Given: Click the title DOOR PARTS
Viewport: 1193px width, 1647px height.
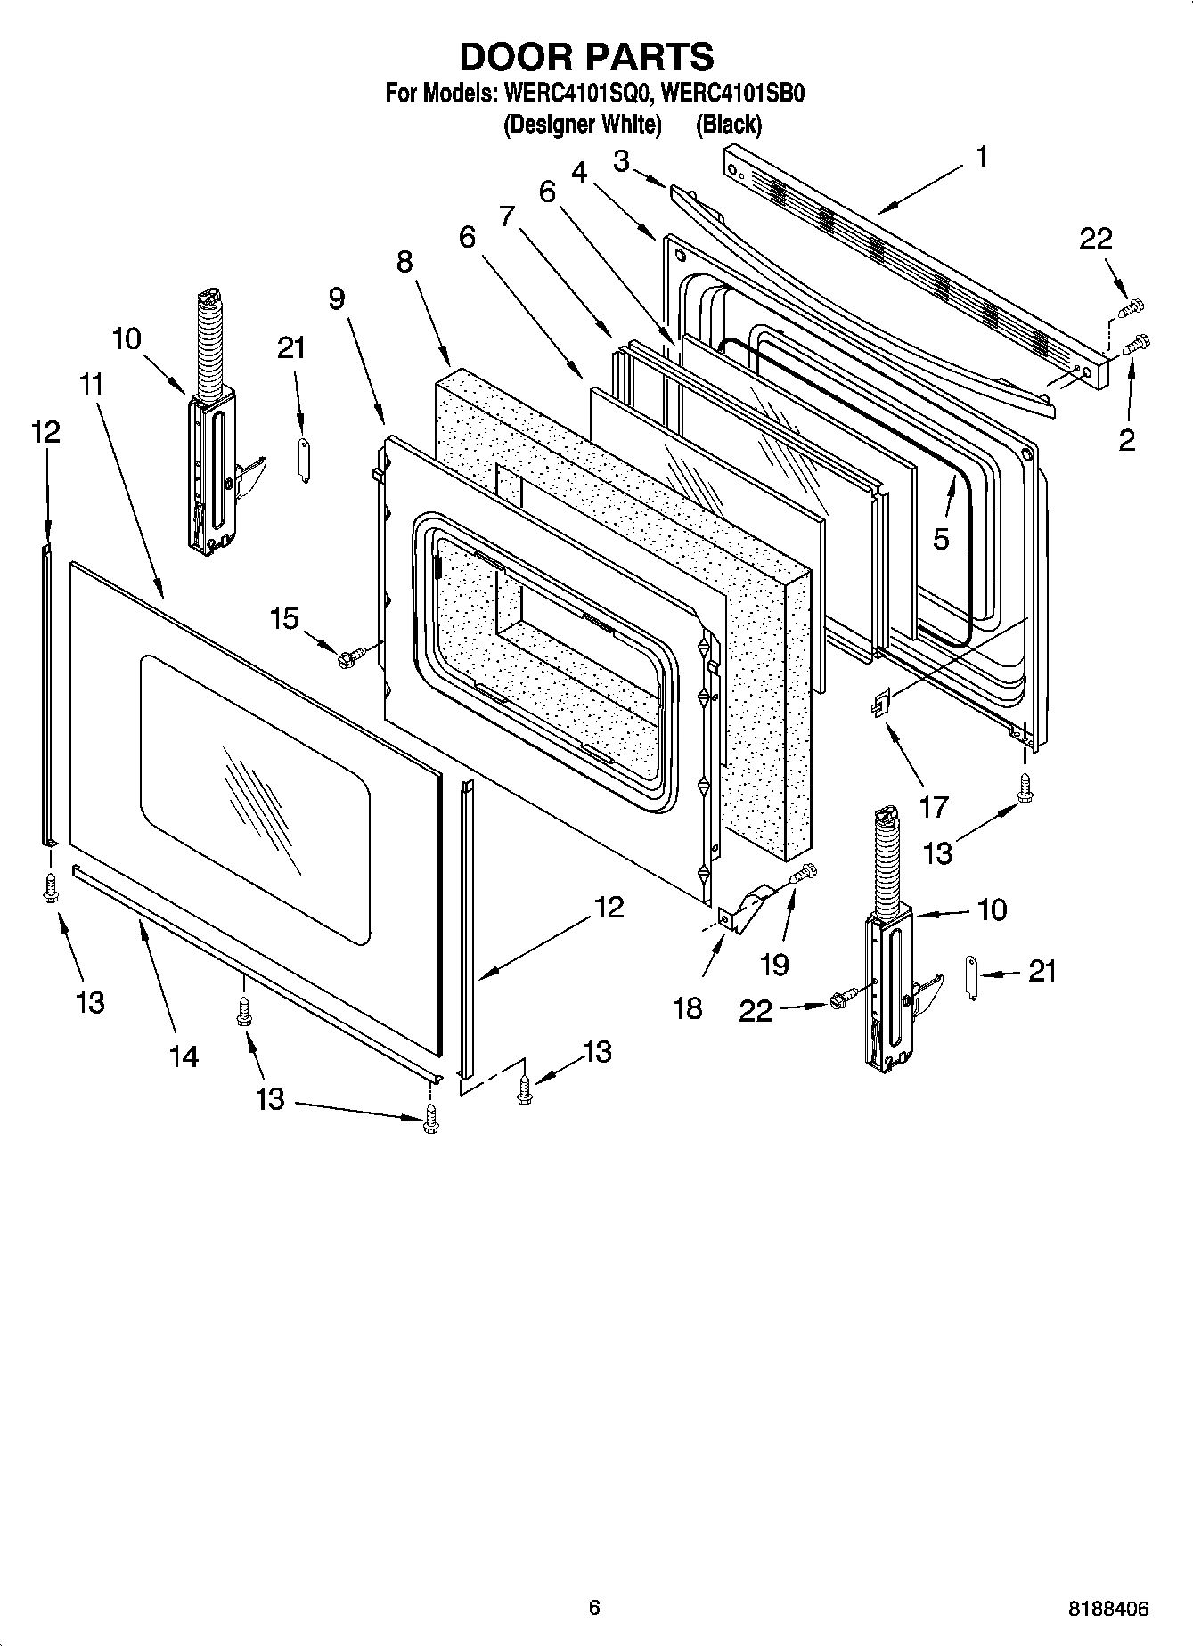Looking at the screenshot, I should coord(586,56).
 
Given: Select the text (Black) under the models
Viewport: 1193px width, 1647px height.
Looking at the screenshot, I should coord(729,125).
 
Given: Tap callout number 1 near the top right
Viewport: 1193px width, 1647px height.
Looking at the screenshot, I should coord(981,158).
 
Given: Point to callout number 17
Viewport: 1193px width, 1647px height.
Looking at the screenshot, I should coord(934,807).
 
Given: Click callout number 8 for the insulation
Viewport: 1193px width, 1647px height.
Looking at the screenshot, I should coord(405,262).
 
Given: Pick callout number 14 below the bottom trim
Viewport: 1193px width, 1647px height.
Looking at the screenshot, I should coord(184,1056).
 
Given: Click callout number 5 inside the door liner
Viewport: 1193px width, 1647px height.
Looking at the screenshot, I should coord(942,539).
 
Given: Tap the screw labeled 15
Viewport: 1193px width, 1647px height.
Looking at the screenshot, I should coord(347,658).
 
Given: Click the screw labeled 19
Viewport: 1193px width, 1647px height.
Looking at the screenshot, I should coord(803,875).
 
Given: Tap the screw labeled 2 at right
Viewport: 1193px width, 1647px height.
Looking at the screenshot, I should coord(1138,343).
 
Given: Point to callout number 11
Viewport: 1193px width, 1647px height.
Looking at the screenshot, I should coord(91,386).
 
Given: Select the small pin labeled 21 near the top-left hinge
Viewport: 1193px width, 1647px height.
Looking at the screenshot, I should coord(302,460).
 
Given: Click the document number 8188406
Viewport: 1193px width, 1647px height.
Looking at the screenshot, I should coord(1108,1609).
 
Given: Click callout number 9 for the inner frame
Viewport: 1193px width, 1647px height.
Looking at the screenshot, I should coord(336,298).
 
